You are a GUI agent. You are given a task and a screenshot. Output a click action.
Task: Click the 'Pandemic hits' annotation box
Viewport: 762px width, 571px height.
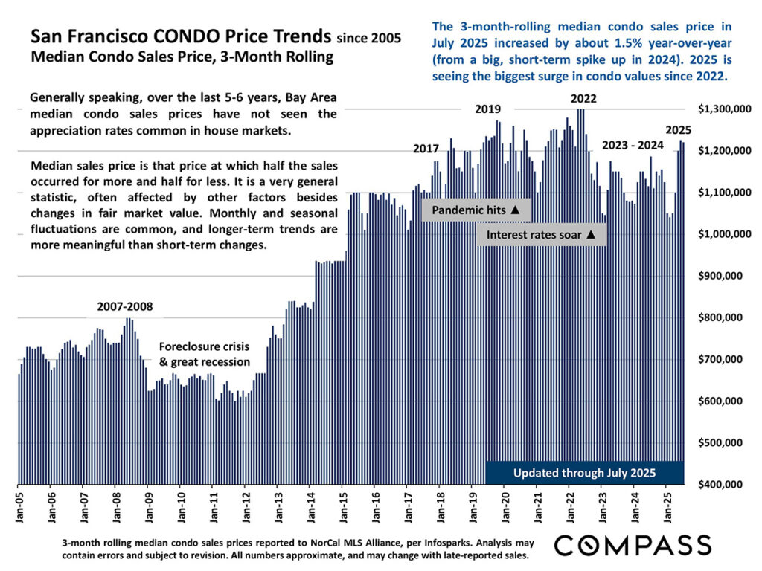[x=477, y=210]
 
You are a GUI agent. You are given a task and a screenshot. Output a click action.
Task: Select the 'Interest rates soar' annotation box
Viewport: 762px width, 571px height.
[x=541, y=235]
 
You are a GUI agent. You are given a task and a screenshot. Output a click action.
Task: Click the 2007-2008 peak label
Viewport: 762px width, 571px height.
[x=125, y=306]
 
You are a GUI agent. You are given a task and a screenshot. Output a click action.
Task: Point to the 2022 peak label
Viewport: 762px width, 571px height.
[x=583, y=98]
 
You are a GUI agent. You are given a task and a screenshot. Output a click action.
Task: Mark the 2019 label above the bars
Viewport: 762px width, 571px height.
[x=488, y=109]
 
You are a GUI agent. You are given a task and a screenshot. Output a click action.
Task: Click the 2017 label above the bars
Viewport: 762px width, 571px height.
[x=426, y=149]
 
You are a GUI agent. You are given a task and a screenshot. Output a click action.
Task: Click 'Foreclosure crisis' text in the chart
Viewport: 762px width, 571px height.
[x=204, y=346]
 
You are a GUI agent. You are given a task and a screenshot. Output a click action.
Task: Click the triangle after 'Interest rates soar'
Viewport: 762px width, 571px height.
[x=590, y=235]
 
